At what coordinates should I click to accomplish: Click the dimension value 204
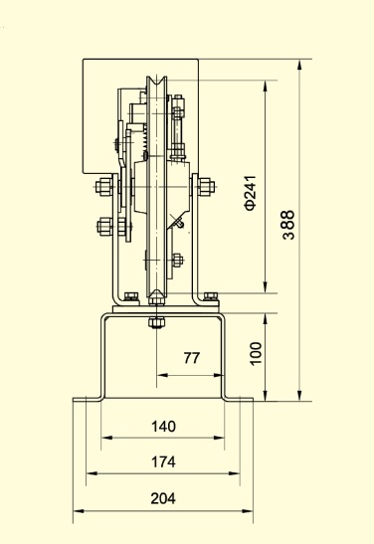163,498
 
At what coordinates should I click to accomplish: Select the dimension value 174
163,462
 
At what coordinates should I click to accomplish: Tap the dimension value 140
163,426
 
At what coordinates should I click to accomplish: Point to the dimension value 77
192,358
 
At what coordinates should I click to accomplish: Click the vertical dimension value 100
256,353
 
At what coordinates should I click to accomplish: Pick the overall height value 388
288,225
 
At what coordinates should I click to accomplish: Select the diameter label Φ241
250,193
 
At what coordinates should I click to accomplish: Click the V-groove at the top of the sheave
157,83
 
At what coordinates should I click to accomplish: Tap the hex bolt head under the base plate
156,322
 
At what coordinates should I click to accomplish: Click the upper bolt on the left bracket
103,187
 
